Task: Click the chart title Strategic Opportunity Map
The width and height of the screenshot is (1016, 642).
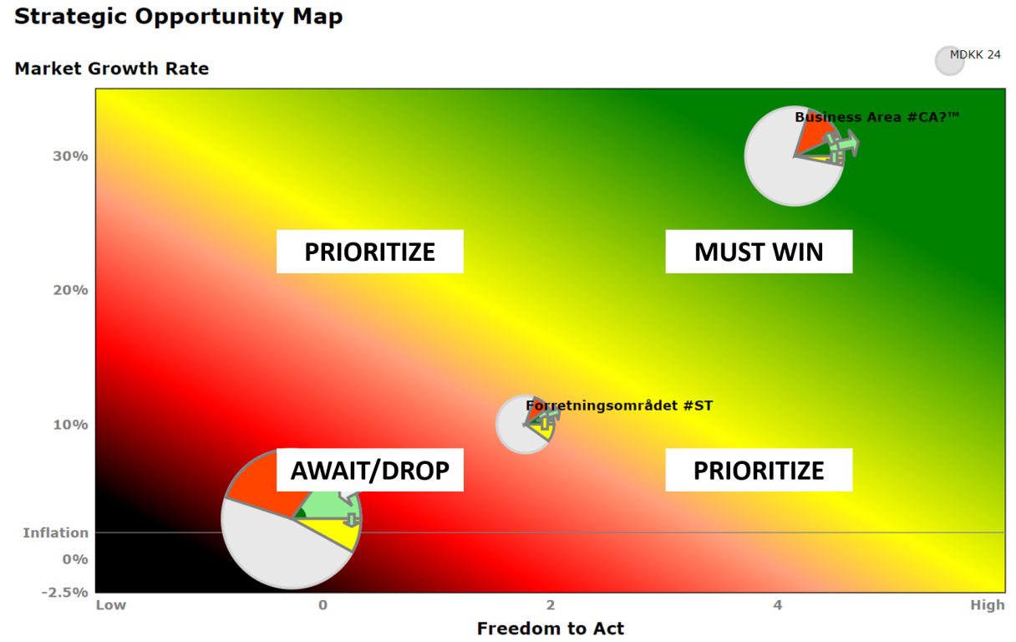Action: [x=178, y=18]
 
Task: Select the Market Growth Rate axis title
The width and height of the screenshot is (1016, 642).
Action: [x=112, y=69]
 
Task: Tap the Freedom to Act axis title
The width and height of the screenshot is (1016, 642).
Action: [x=550, y=629]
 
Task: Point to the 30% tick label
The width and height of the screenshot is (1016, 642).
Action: [x=70, y=156]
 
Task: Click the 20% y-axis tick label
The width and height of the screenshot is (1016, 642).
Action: [x=70, y=290]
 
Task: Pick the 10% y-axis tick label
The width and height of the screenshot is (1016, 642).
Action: [x=70, y=425]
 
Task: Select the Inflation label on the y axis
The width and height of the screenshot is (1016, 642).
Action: [x=56, y=532]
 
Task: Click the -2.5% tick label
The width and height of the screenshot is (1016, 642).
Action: [x=65, y=592]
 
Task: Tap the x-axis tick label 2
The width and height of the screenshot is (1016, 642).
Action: [x=550, y=604]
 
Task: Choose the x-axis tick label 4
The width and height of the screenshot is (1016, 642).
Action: [x=778, y=604]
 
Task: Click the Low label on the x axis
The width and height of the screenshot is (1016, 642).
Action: [x=110, y=604]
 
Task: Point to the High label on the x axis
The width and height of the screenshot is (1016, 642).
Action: [x=988, y=604]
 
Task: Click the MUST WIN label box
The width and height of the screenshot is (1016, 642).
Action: [x=759, y=252]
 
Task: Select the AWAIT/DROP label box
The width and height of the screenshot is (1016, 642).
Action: [x=370, y=470]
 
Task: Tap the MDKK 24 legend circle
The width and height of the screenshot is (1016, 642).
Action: [x=949, y=61]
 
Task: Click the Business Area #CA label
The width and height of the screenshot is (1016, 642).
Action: [x=876, y=117]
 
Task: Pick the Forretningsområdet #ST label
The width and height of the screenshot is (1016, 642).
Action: [x=619, y=405]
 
